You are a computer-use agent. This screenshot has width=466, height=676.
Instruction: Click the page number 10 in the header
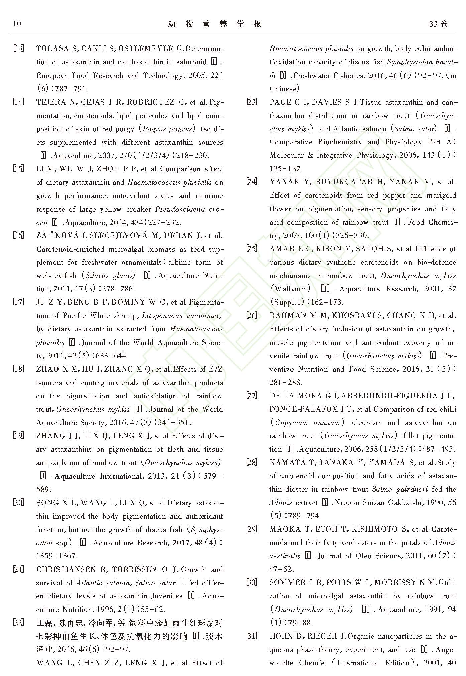click(x=17, y=23)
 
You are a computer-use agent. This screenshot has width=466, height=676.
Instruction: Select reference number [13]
click(x=18, y=48)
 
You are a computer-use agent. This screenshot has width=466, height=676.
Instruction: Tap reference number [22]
click(x=18, y=623)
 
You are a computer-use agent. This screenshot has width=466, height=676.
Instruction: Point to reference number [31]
click(x=252, y=636)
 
